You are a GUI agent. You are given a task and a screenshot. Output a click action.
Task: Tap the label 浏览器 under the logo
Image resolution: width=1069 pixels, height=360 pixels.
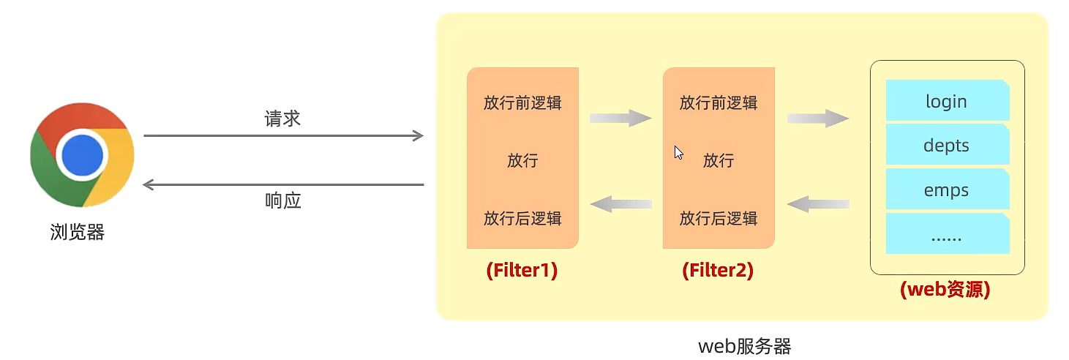[77, 233]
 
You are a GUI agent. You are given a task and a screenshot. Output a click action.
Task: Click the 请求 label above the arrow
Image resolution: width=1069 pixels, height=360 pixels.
[282, 119]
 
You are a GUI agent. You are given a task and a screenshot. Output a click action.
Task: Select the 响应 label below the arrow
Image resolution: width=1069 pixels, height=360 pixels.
[282, 201]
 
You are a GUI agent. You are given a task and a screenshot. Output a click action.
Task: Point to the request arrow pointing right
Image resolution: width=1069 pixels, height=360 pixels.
[283, 135]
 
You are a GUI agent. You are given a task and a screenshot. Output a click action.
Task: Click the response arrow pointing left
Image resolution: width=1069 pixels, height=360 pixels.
[283, 184]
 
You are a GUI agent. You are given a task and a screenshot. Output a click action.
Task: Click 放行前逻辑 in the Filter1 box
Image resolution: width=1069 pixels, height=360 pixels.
[522, 102]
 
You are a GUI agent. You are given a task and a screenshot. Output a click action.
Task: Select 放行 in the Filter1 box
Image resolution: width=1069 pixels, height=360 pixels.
[522, 160]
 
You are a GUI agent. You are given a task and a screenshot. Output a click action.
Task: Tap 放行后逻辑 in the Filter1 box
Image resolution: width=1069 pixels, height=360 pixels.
[522, 218]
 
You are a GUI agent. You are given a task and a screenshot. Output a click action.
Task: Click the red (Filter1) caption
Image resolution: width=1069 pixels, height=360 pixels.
[522, 271]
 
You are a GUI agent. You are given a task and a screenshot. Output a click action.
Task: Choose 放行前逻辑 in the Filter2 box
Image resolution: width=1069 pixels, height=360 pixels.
[719, 102]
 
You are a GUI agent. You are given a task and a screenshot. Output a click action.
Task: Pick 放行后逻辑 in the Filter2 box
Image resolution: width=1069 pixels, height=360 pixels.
[719, 218]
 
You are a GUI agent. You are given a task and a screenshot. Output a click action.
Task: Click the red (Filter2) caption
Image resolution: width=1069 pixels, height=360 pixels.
[718, 271]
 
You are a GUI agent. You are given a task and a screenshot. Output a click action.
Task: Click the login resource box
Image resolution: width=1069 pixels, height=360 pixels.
[947, 101]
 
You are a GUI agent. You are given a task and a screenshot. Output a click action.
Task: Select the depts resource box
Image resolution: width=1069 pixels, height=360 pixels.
[947, 145]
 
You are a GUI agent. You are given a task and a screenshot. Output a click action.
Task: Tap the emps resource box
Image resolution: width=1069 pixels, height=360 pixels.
[947, 190]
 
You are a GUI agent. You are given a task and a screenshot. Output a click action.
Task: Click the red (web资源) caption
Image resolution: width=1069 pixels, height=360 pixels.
[945, 290]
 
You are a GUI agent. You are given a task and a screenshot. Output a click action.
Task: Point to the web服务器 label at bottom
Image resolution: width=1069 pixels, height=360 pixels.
[744, 345]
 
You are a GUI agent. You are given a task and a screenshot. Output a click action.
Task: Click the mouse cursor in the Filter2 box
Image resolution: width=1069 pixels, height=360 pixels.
[678, 152]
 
